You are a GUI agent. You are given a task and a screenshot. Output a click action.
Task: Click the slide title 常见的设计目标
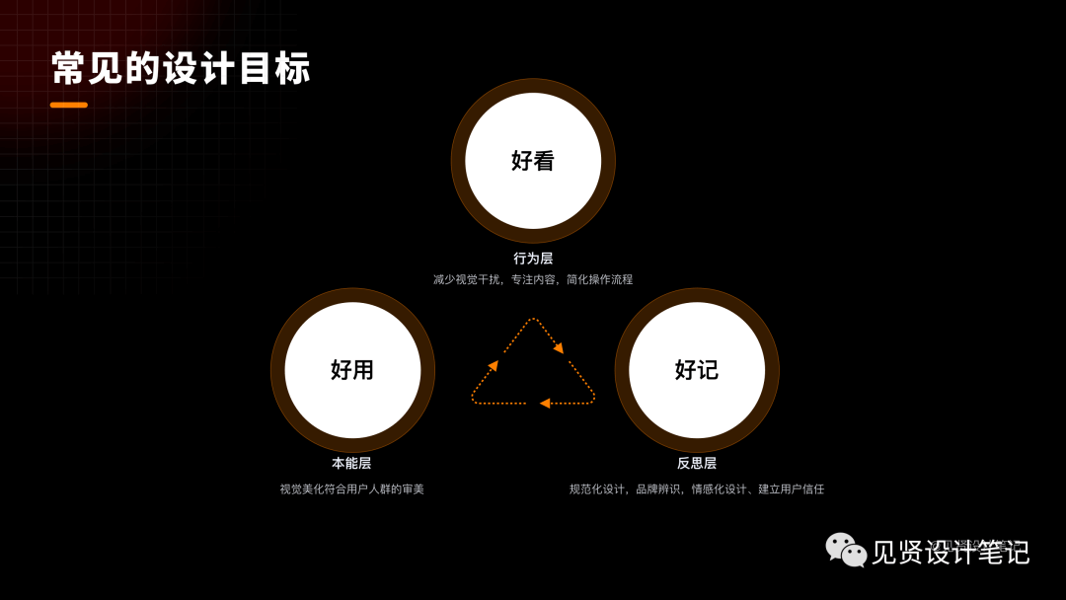181,69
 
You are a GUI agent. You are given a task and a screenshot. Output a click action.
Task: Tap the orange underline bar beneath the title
69,105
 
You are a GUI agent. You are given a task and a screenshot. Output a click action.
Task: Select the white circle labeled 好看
533,161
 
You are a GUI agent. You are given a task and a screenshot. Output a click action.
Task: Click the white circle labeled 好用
352,370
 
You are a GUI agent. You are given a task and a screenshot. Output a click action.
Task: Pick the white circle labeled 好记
697,370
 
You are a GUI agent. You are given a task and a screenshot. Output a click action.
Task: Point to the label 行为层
533,259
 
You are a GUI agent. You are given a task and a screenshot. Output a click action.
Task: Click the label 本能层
351,464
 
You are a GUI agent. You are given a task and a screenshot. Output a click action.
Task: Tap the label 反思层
697,464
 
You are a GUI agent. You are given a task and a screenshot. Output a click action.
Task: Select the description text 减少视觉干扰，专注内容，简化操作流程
533,280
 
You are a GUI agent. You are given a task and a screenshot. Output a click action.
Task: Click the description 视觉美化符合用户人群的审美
351,489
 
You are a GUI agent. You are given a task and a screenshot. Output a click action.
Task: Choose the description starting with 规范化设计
697,489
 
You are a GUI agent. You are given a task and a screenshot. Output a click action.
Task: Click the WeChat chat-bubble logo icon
846,550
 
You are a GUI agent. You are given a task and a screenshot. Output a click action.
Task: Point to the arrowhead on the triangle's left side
493,366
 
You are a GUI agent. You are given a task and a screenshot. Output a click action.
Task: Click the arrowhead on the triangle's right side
559,347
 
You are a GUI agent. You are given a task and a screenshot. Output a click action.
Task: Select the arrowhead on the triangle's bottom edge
545,403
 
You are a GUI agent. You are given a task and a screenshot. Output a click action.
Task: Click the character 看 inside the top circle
545,161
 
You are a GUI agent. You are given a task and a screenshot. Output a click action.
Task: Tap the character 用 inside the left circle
364,370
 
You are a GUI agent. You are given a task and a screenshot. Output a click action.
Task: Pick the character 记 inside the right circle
709,370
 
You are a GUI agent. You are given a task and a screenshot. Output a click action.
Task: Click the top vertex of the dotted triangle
533,319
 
